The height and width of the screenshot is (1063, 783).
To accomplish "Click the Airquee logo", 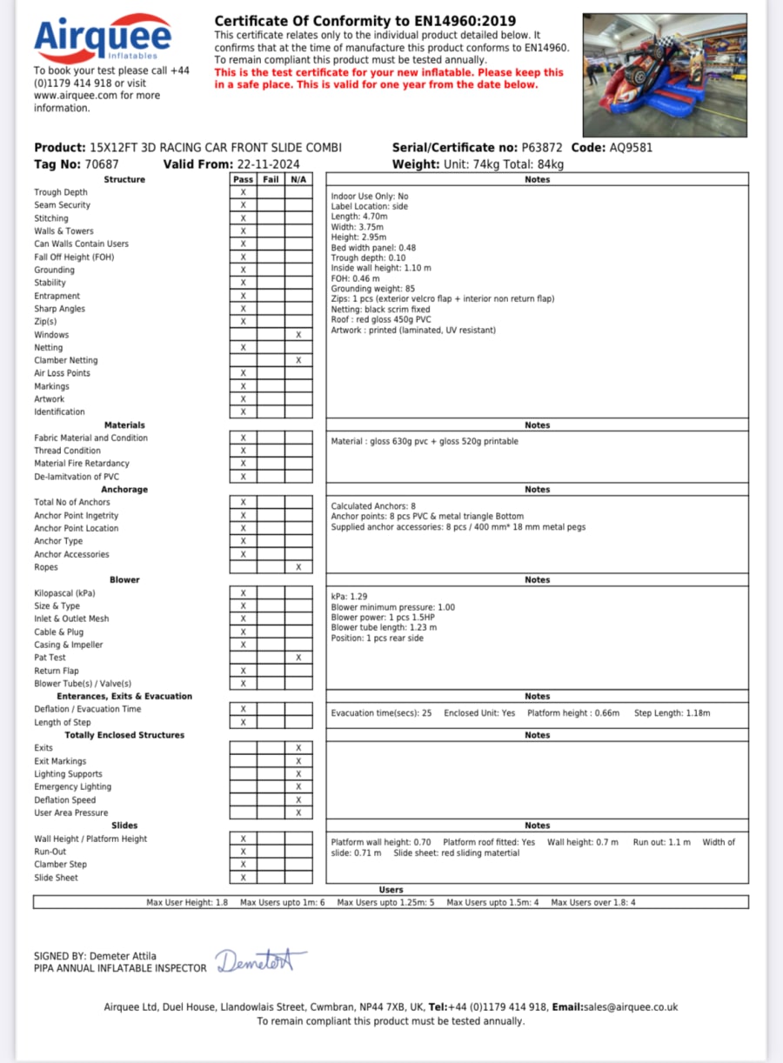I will (102, 39).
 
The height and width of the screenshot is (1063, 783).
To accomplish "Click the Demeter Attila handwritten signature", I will (260, 960).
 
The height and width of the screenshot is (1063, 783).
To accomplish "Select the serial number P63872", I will (543, 148).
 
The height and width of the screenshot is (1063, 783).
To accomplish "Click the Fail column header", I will (271, 179).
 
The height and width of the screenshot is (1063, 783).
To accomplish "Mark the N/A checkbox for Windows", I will (298, 335).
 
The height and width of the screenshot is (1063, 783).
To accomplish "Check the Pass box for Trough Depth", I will (244, 192).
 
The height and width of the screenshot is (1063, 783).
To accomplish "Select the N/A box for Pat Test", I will (298, 658).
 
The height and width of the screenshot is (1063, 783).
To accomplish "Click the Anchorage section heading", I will (124, 490).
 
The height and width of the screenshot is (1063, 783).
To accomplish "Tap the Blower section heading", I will (124, 579).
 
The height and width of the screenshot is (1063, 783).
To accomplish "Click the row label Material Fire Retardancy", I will (82, 464).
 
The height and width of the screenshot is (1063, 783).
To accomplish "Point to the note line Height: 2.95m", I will (358, 237).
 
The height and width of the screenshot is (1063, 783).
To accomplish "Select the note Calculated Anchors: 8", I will (373, 505).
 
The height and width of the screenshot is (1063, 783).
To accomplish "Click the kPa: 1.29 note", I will (349, 597).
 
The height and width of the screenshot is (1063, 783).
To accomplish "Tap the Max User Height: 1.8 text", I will (187, 903).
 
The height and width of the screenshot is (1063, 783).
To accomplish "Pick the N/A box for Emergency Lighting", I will (298, 787).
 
